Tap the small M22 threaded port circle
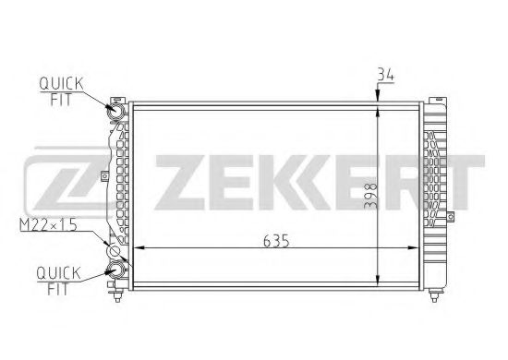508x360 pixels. [115, 250]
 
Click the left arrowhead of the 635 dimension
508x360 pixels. [141, 249]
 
